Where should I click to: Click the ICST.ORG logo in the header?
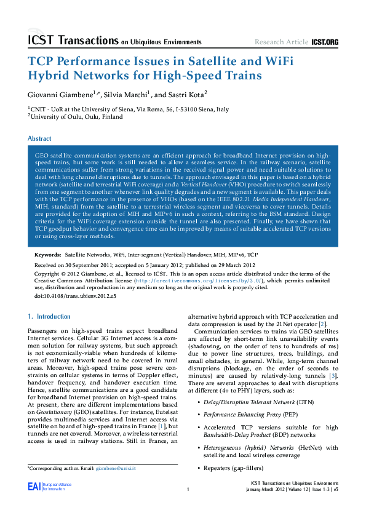325,42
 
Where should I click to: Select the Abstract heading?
40,139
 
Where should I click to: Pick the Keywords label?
47,254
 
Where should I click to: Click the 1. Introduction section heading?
50,316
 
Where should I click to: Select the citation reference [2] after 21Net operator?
322,324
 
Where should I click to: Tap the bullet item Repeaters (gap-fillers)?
227,468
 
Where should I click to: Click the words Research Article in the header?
282,42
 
